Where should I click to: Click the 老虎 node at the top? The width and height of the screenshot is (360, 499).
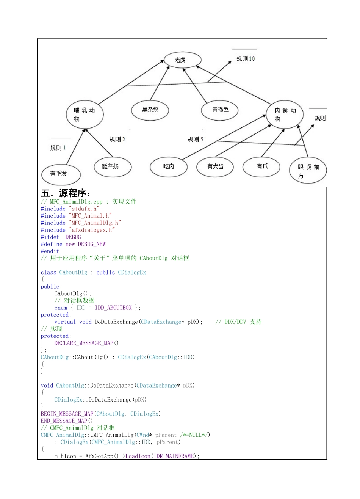click(x=182, y=60)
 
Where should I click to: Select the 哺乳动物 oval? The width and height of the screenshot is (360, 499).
click(x=84, y=114)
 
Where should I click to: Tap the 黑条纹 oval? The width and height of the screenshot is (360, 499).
click(x=150, y=110)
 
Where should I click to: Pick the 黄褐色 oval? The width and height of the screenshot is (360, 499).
click(x=220, y=110)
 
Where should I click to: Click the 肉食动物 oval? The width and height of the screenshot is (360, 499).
click(x=285, y=115)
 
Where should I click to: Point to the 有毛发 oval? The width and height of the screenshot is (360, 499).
click(x=60, y=174)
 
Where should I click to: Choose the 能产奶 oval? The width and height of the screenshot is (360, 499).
click(x=112, y=166)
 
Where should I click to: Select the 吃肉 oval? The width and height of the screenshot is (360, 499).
click(x=169, y=166)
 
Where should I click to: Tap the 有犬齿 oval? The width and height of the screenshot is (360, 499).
click(x=215, y=166)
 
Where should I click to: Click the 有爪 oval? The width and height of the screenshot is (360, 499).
click(x=261, y=166)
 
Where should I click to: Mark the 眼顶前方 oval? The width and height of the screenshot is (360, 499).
click(x=307, y=171)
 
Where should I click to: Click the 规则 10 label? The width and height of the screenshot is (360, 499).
click(x=246, y=59)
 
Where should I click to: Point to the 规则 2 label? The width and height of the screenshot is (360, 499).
click(x=117, y=140)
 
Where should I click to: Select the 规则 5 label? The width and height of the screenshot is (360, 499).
click(x=195, y=140)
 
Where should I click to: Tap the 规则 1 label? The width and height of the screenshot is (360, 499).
click(x=58, y=148)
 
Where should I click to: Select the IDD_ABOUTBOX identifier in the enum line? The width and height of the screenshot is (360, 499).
click(x=113, y=308)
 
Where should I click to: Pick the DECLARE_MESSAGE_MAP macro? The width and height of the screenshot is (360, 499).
click(x=84, y=343)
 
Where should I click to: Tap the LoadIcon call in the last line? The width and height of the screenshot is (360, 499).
click(x=138, y=456)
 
